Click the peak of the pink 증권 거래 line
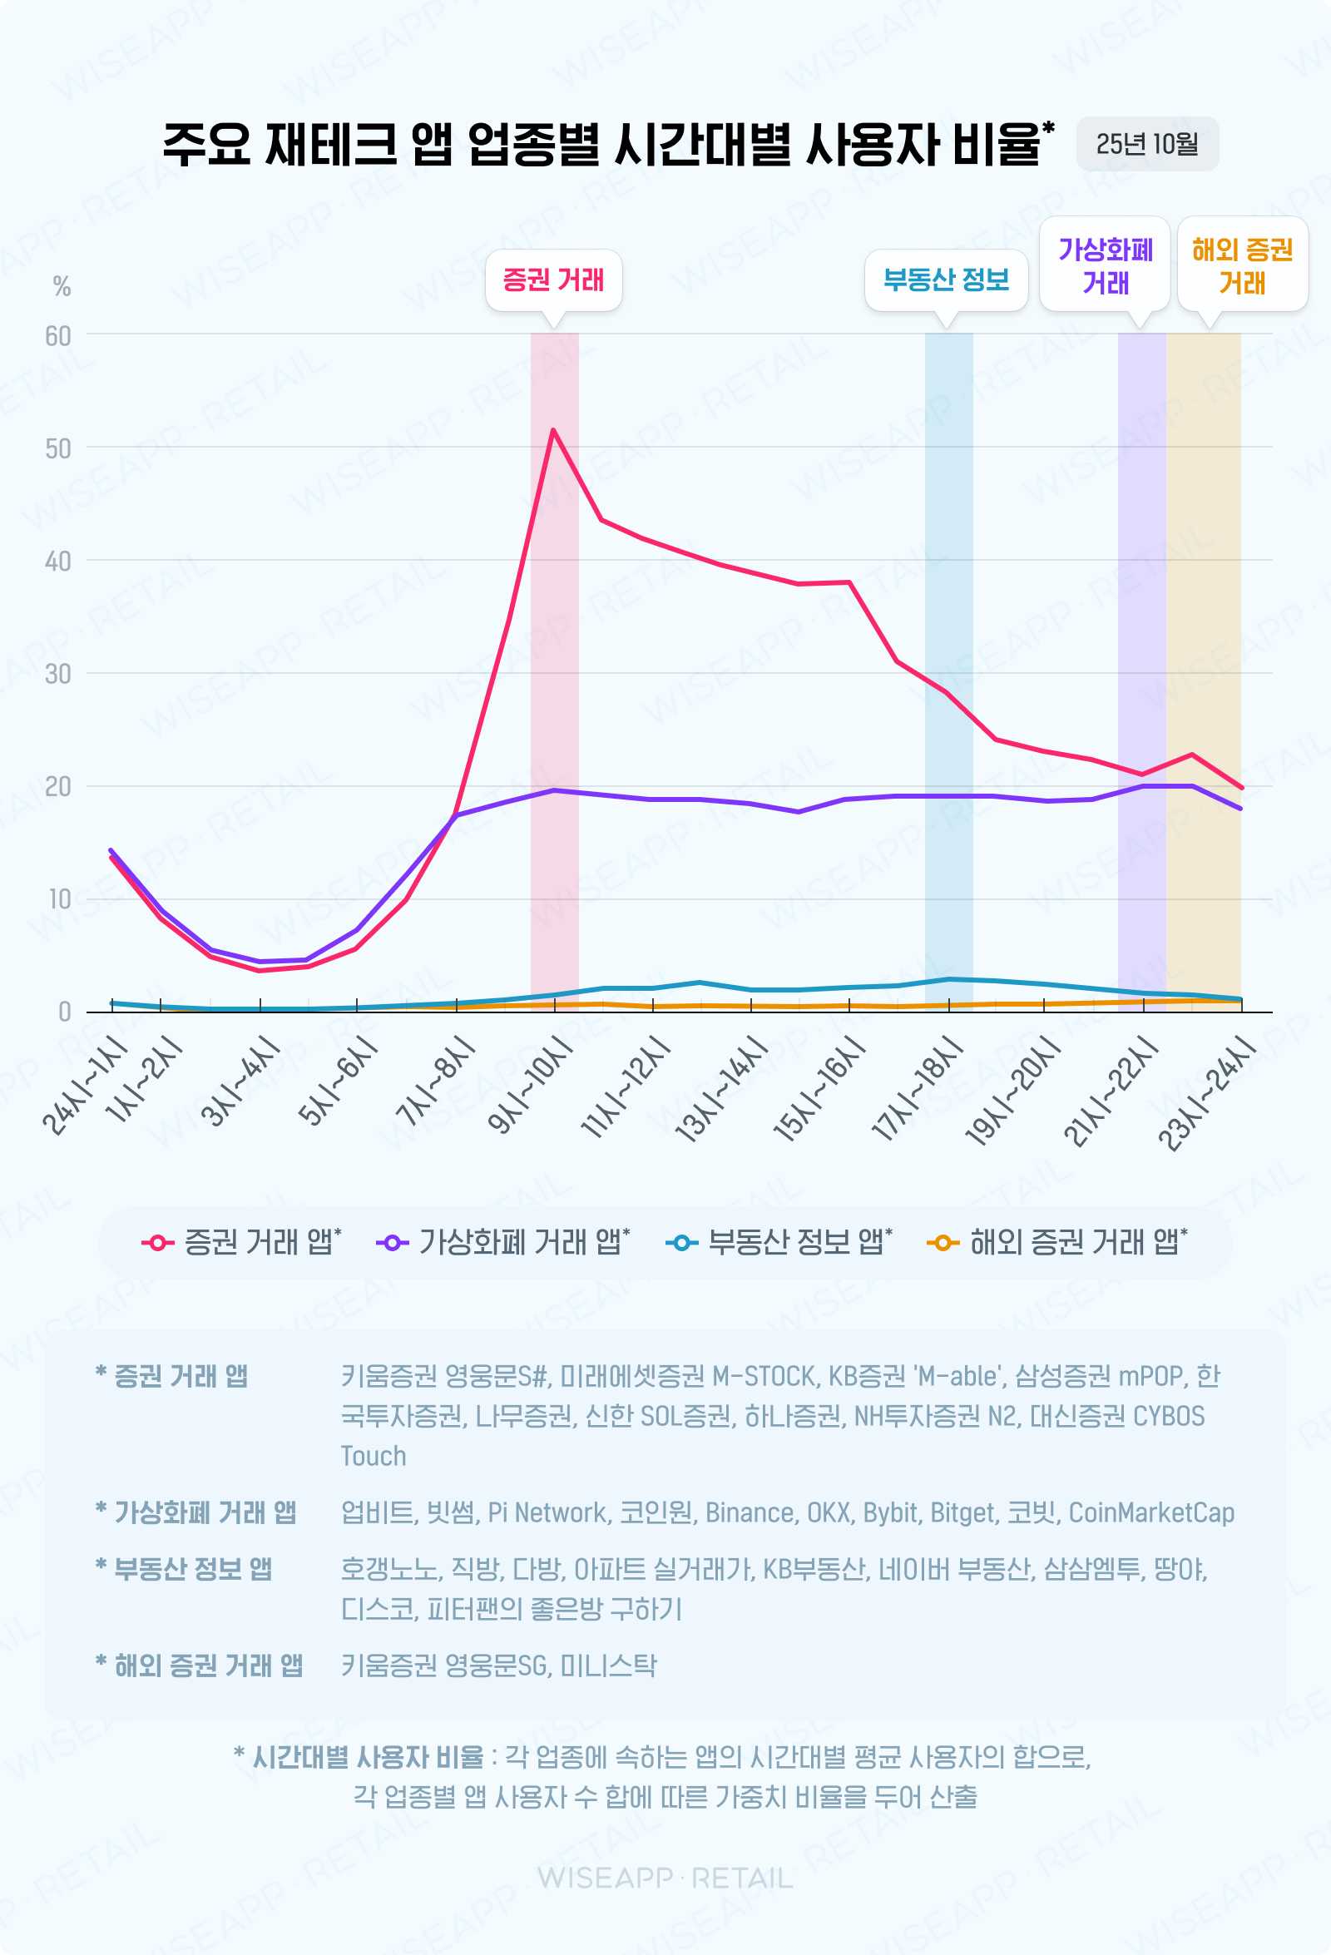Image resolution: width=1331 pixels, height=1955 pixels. click(x=552, y=430)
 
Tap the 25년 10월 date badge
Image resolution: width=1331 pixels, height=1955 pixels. click(x=1147, y=144)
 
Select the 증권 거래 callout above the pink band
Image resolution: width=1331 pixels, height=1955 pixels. click(x=552, y=280)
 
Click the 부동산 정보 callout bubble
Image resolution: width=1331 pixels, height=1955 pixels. click(x=946, y=280)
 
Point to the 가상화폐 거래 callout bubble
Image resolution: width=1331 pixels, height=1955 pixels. click(x=1105, y=265)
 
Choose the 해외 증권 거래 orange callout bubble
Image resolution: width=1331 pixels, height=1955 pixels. click(x=1242, y=265)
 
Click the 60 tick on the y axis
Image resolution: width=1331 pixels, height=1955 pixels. click(x=58, y=336)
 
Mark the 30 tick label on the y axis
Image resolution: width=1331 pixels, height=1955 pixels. click(x=58, y=674)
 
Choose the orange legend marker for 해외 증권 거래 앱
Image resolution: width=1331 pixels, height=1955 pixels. click(x=943, y=1243)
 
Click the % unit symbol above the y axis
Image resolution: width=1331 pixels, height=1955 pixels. click(x=62, y=287)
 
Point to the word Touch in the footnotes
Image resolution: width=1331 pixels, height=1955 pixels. click(x=373, y=1455)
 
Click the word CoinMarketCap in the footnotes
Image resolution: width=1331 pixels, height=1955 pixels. click(x=1151, y=1512)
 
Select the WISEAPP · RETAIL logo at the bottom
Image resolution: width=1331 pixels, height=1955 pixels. click(x=665, y=1878)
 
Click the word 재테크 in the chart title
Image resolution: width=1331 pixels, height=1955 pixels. click(x=330, y=144)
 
